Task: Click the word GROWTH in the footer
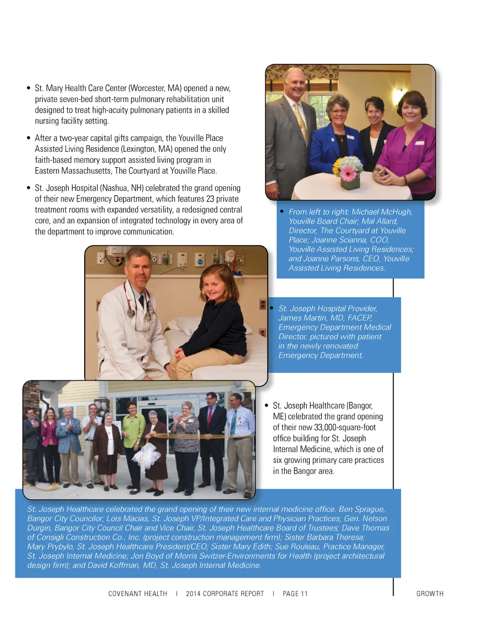click(x=429, y=594)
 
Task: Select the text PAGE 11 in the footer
click(x=295, y=594)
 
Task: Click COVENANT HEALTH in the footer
click(x=137, y=594)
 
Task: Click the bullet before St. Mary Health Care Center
click(x=29, y=88)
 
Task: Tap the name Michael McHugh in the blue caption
click(x=382, y=212)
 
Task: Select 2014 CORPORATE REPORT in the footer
click(x=225, y=594)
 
